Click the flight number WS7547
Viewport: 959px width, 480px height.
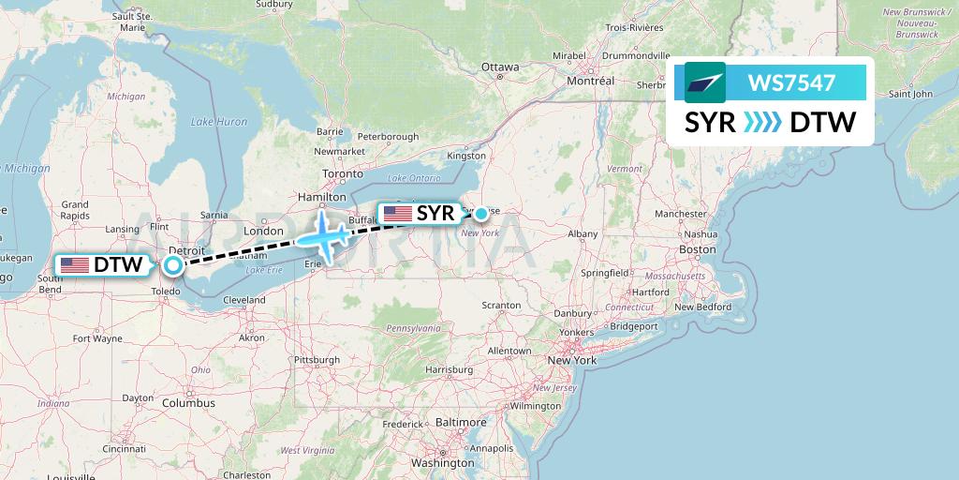(791, 82)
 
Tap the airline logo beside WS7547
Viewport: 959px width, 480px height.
(705, 82)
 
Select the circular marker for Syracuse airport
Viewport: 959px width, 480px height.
(480, 214)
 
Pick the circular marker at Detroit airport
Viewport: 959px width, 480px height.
(173, 265)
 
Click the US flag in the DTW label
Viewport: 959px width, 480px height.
(75, 265)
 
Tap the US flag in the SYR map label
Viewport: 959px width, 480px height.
(398, 214)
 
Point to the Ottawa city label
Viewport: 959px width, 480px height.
(499, 67)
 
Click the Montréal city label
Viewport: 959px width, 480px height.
(590, 82)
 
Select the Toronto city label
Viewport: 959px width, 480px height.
(342, 174)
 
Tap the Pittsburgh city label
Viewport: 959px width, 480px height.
(316, 360)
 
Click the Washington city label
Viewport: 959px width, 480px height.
(443, 463)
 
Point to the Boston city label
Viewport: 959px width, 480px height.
(698, 250)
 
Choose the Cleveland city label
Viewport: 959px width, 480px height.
(246, 300)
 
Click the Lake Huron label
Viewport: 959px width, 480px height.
(219, 122)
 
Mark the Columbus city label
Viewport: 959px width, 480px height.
(189, 403)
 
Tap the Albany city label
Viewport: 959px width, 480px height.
(583, 233)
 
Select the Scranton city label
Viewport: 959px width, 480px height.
(501, 306)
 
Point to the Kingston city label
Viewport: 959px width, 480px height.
(467, 156)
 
